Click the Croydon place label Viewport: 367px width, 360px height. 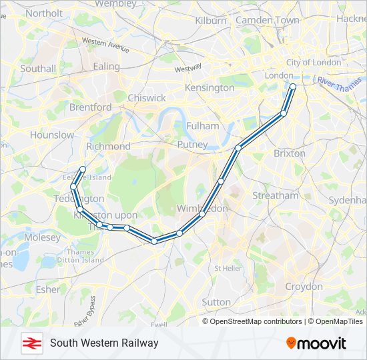(304, 286)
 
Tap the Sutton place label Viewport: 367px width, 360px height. (216, 302)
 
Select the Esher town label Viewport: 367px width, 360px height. (47, 289)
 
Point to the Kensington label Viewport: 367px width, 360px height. (210, 87)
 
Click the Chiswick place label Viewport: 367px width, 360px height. (147, 98)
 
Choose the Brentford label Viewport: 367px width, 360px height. (90, 107)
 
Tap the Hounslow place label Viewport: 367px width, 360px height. (52, 135)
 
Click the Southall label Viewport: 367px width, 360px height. (38, 68)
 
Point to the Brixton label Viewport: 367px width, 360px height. (289, 153)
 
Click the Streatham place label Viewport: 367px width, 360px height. (276, 195)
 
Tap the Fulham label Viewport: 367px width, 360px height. (203, 125)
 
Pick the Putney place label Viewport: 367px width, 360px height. (193, 144)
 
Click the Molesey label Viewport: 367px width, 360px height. (42, 237)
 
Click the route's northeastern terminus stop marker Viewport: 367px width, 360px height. (293, 86)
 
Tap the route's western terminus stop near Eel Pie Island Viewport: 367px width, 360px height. (83, 169)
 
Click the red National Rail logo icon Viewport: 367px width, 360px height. (30, 343)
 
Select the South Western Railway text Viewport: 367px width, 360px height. (104, 343)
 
